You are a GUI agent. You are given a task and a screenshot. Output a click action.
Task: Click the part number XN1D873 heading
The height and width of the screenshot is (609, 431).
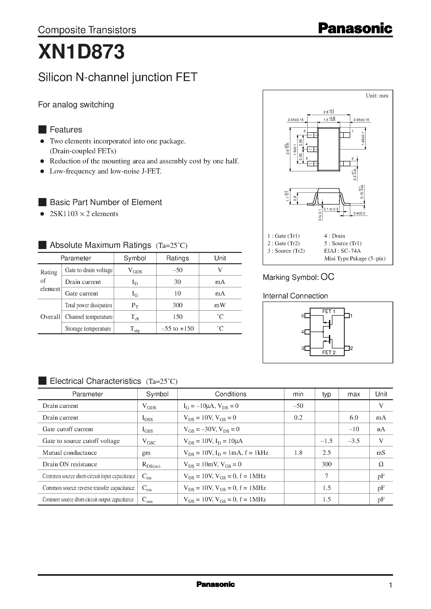pos(81,52)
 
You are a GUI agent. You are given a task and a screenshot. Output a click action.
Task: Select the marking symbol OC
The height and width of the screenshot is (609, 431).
pos(327,277)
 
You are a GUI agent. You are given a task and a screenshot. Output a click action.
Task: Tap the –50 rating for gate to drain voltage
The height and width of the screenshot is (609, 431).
pos(177,270)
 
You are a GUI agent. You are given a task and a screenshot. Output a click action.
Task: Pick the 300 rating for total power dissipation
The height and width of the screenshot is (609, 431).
pos(177,305)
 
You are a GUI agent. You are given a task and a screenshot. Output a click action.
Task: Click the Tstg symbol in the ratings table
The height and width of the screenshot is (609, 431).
pos(135,329)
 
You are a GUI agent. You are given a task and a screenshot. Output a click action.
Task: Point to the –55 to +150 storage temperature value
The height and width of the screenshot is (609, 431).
pos(177,328)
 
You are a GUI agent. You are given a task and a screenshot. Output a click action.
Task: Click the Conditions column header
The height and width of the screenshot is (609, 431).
pos(230,394)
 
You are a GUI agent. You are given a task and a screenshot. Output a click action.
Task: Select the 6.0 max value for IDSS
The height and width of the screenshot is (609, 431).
pos(354,418)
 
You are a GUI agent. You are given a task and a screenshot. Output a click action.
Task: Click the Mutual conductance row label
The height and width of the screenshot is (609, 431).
pos(70,453)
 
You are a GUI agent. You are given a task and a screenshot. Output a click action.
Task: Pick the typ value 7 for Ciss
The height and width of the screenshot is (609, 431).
pos(326,476)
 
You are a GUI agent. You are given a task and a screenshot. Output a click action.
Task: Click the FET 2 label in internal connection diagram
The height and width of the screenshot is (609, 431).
pos(329,353)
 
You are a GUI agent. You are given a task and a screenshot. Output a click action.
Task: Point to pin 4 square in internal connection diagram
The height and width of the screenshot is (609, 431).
pos(307,332)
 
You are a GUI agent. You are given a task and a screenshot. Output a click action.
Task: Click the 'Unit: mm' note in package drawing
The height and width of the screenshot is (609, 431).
pos(377,96)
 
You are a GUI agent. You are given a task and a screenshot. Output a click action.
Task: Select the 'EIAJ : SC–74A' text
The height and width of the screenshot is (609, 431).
pos(342,251)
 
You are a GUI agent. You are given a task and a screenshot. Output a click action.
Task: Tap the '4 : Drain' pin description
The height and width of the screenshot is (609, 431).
pos(334,236)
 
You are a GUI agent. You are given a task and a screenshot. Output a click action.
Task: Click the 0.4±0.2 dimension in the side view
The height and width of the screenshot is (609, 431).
pos(359,213)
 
